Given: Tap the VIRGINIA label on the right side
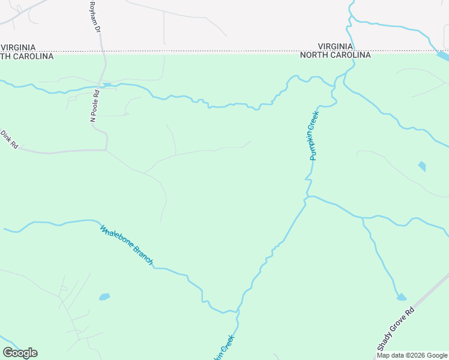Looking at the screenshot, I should (x=336, y=46).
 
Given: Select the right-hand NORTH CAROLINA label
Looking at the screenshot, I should (x=336, y=55).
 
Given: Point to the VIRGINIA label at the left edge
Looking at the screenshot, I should (x=18, y=47).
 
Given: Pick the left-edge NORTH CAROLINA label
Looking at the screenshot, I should (x=26, y=56).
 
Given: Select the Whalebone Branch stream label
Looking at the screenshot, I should (x=127, y=245).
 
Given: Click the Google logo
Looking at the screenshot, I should (x=20, y=353).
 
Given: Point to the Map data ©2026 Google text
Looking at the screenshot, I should (x=412, y=355).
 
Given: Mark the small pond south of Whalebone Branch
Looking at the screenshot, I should (x=104, y=296).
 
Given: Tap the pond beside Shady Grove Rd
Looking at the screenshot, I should (x=401, y=297).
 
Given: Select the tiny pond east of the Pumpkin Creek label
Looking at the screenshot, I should (x=422, y=166).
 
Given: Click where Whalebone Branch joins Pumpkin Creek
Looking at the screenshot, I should (x=238, y=311).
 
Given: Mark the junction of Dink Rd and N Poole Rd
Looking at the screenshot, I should (x=106, y=149).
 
